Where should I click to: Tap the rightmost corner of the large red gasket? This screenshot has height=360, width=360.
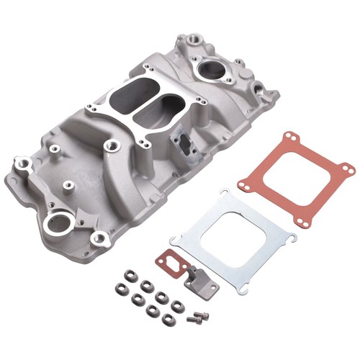point(348,169)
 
